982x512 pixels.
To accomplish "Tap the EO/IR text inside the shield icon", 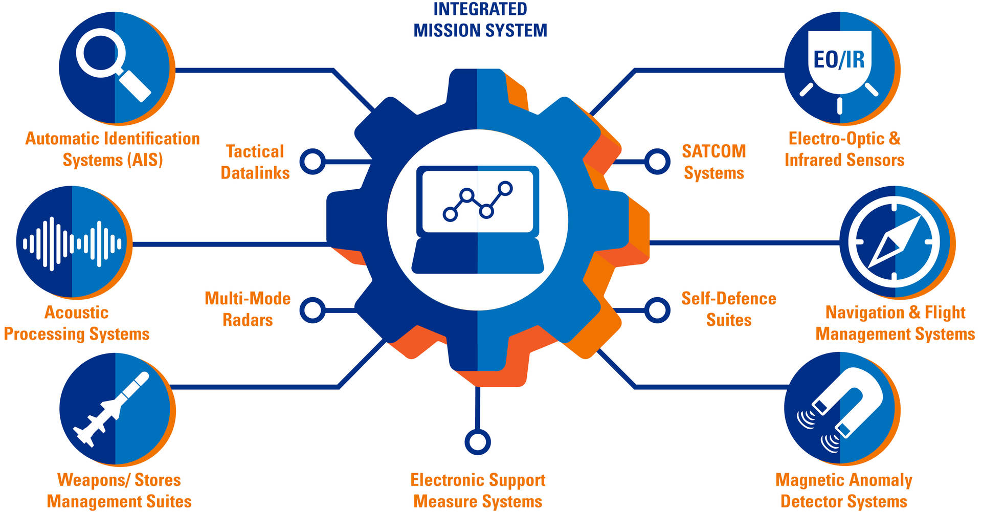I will tap(839, 60).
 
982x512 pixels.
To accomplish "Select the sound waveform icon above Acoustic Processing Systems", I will tap(72, 243).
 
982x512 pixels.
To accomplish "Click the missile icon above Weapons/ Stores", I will tap(112, 410).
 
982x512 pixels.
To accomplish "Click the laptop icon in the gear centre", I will tap(478, 219).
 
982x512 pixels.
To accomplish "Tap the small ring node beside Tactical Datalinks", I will tap(312, 162).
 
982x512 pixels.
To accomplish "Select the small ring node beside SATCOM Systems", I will tap(657, 162).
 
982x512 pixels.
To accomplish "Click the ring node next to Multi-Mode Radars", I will tap(312, 310).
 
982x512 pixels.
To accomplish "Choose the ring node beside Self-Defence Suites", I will tap(657, 310).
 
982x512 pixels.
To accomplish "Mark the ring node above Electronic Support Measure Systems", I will tap(478, 442).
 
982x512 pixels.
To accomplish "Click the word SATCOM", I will tap(713, 151).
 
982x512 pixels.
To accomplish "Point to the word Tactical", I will tap(255, 152).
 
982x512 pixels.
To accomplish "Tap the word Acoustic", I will tap(76, 313).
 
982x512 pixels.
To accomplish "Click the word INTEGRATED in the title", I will tap(480, 9).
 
